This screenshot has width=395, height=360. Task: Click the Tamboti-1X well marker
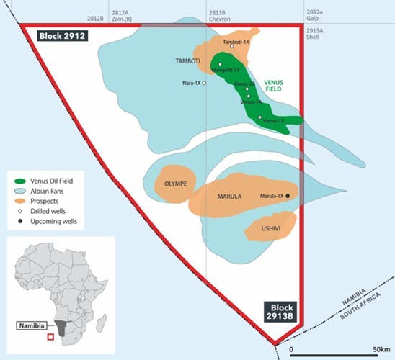click(x=232, y=47)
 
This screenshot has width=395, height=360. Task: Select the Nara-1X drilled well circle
click(x=204, y=84)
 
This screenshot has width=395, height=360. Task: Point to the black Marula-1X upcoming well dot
click(x=287, y=196)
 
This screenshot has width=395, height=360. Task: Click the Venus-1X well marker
click(x=259, y=117)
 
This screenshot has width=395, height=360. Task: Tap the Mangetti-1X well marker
click(x=219, y=65)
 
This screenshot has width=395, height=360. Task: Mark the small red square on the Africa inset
click(x=50, y=336)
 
